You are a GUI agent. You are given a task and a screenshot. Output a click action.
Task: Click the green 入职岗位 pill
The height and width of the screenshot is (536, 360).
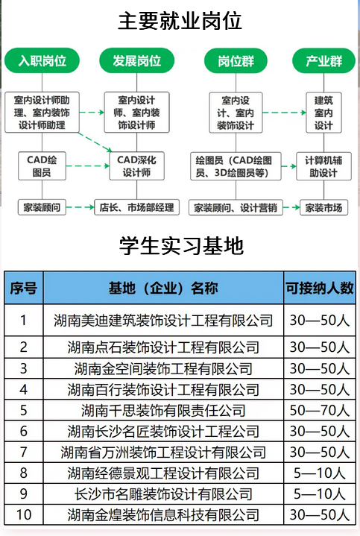42,60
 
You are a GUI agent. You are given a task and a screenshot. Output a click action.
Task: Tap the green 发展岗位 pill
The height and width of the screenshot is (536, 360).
136,60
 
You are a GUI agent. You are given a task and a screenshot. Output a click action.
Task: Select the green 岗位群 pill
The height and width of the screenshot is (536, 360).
236,61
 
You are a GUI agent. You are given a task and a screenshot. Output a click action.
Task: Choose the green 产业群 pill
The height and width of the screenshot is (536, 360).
323,61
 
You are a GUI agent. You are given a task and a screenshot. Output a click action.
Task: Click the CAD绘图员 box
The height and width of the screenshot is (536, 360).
42,166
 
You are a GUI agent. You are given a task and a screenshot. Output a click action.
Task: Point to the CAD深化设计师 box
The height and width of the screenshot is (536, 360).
136,166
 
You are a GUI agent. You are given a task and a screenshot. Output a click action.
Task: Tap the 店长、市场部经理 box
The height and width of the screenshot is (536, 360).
136,207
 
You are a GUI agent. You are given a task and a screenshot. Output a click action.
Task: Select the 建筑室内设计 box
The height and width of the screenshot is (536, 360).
323,113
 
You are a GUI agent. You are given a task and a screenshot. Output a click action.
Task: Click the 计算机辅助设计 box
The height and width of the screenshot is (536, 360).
323,166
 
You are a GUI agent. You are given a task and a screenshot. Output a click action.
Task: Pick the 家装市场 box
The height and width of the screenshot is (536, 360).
323,207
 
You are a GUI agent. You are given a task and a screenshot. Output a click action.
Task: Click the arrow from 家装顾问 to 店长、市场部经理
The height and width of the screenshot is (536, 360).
80,207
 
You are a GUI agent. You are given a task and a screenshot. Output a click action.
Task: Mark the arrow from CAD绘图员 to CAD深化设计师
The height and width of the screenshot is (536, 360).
87,166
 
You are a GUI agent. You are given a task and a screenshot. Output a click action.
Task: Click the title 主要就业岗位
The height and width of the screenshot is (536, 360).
180,21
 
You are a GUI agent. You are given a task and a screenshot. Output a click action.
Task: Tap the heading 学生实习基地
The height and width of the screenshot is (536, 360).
181,246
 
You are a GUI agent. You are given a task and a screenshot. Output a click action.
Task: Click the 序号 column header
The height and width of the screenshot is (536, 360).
24,288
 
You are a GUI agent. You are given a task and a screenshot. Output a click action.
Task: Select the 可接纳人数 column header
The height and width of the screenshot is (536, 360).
320,288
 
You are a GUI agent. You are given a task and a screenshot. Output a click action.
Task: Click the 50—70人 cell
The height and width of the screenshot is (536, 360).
320,410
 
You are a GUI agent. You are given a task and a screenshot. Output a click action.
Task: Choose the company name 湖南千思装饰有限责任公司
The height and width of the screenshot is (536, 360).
163,410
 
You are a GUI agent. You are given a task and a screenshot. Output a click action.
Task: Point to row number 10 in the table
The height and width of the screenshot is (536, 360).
24,515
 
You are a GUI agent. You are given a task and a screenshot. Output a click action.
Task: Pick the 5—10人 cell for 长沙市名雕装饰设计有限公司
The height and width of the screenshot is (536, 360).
320,494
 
